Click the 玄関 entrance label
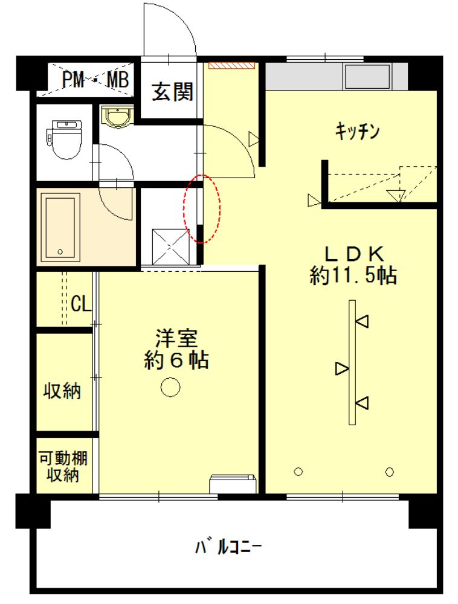(172, 92)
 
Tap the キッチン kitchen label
(357, 131)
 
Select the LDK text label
(354, 254)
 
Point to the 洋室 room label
(176, 338)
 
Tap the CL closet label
(81, 304)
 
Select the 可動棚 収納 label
(63, 466)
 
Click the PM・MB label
(95, 80)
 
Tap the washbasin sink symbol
(117, 117)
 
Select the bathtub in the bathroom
(60, 227)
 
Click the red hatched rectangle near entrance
(232, 65)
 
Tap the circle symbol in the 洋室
(170, 387)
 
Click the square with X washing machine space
(171, 247)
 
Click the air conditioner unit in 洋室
(233, 484)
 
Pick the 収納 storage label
(62, 391)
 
